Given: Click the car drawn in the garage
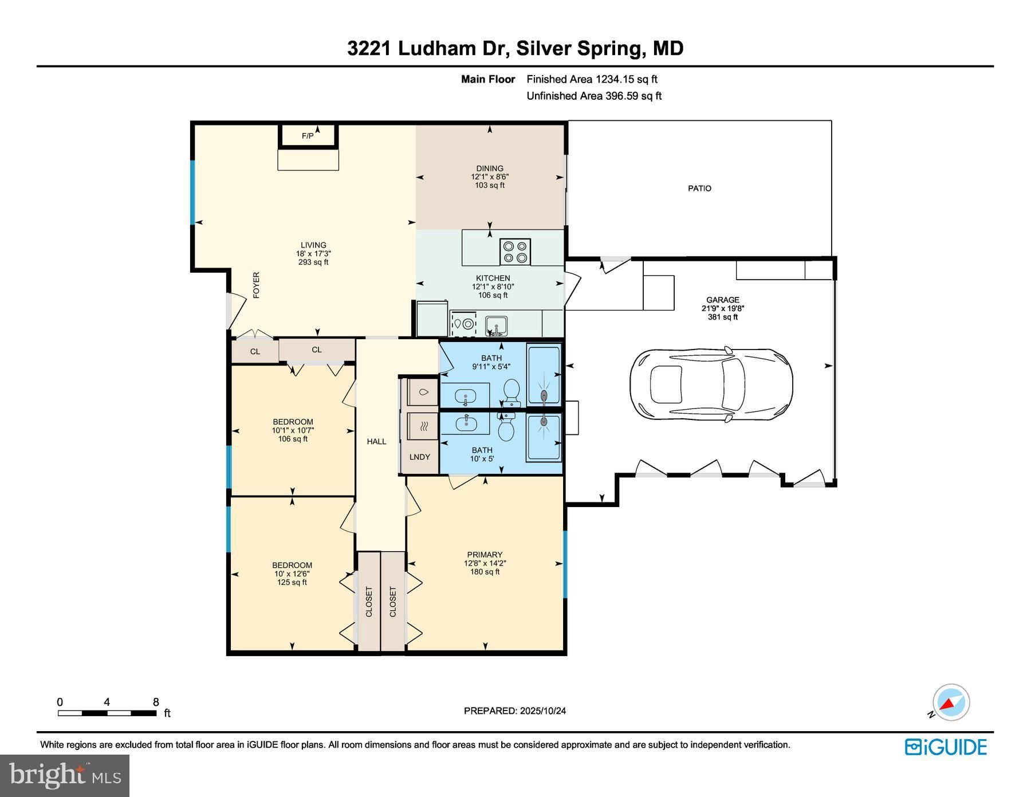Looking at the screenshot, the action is (x=711, y=383).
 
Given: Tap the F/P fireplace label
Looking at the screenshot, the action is (x=308, y=136).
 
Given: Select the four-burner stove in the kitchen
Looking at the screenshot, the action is (x=515, y=252).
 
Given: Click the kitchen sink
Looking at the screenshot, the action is (x=496, y=325).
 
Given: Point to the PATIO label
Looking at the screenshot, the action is (x=699, y=188).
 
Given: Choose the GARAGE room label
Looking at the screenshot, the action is (x=722, y=300).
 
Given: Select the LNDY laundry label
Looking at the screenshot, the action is (x=419, y=457).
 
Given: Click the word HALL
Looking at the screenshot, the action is (x=376, y=441).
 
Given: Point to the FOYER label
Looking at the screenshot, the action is (x=256, y=285).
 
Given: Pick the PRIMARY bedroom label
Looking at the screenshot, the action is (x=485, y=554).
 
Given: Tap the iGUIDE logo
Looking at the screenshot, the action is (x=946, y=747).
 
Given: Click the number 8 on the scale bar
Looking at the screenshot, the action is (x=156, y=702).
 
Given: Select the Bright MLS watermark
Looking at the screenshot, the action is (x=65, y=775).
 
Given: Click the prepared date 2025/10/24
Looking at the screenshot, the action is (x=543, y=710).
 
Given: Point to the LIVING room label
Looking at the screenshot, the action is (x=313, y=245).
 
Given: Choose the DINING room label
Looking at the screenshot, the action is (x=490, y=168).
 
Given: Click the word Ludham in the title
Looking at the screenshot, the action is (x=436, y=48).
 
